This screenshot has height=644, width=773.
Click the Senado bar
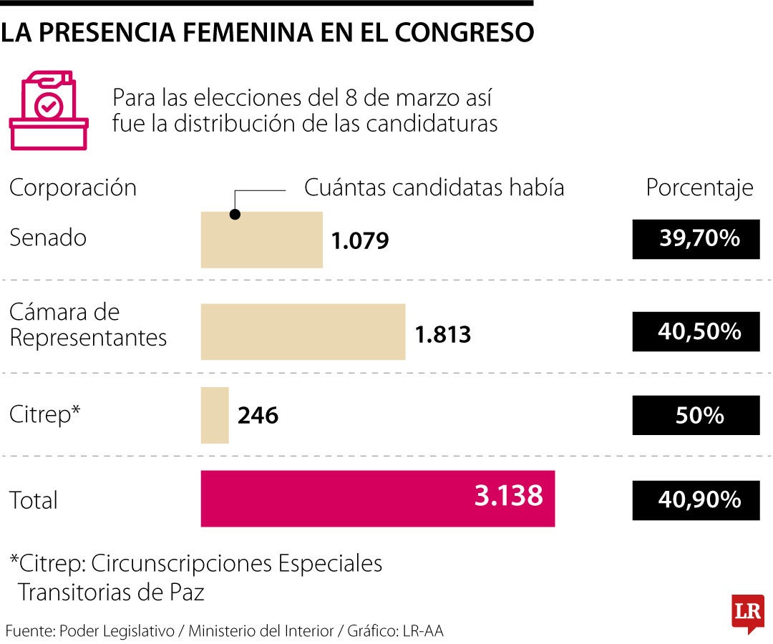tap(261, 240)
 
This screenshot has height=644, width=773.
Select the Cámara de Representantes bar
tap(303, 331)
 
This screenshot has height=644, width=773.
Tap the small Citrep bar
tap(215, 415)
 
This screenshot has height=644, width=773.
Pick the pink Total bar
tap(377, 499)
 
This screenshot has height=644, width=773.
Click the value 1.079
tap(359, 241)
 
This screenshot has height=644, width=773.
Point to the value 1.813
tap(443, 334)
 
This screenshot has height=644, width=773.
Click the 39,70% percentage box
tap(696, 239)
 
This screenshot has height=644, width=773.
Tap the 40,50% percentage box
tap(696, 331)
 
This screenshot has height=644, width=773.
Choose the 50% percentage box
tap(696, 415)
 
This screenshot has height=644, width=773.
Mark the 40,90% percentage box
tap(696, 499)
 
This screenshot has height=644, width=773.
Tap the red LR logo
tap(747, 613)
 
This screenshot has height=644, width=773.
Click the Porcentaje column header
tap(699, 187)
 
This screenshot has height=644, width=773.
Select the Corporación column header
tap(72, 187)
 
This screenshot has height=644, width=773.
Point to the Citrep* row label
tap(44, 414)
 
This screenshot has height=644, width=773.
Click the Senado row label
tap(47, 238)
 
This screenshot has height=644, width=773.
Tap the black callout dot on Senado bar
tap(235, 214)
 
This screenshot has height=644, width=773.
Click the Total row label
tap(33, 499)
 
